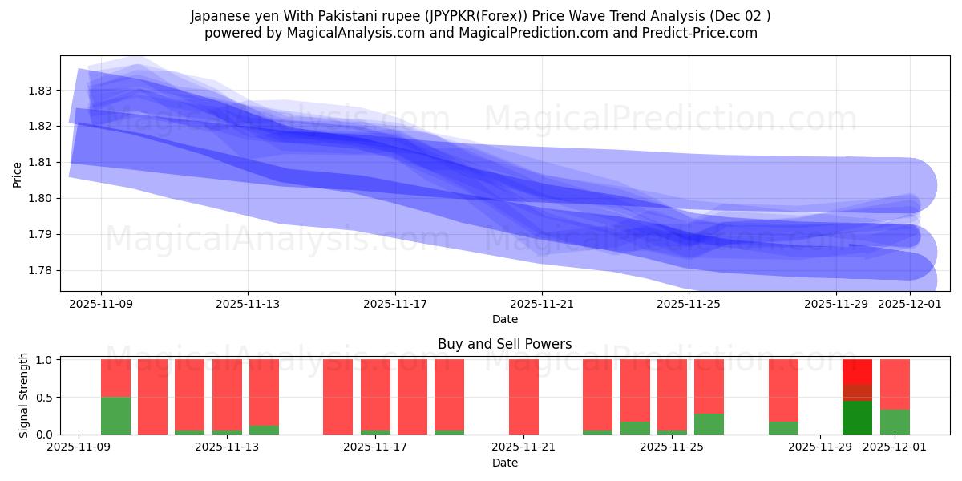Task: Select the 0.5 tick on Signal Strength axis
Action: point(46,398)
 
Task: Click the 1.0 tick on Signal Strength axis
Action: point(46,360)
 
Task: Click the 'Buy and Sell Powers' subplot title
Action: point(504,344)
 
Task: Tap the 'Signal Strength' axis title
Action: point(24,395)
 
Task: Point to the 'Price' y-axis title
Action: point(18,174)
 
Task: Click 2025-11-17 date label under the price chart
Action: point(394,305)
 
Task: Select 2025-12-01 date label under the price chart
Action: point(909,305)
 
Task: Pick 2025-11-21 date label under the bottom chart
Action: point(523,447)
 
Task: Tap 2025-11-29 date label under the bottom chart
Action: point(821,447)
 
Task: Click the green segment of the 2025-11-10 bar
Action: point(115,415)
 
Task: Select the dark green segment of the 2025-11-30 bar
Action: point(857,418)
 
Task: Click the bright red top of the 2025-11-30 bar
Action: point(857,371)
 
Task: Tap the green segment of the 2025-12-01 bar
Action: point(895,422)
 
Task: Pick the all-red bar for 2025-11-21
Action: point(523,397)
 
